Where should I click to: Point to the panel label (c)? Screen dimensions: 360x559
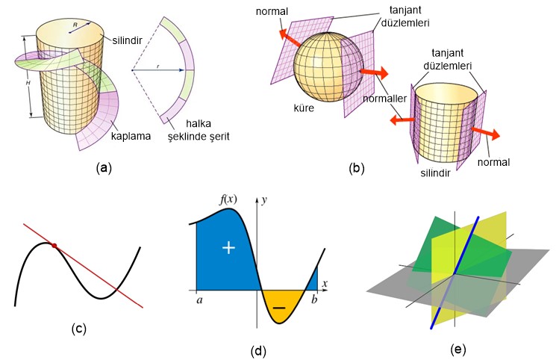tap(78, 328)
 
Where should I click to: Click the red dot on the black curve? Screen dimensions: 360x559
tap(54, 245)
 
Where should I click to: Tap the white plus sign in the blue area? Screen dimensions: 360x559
tap(229, 248)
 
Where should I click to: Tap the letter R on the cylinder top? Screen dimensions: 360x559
tap(75, 25)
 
